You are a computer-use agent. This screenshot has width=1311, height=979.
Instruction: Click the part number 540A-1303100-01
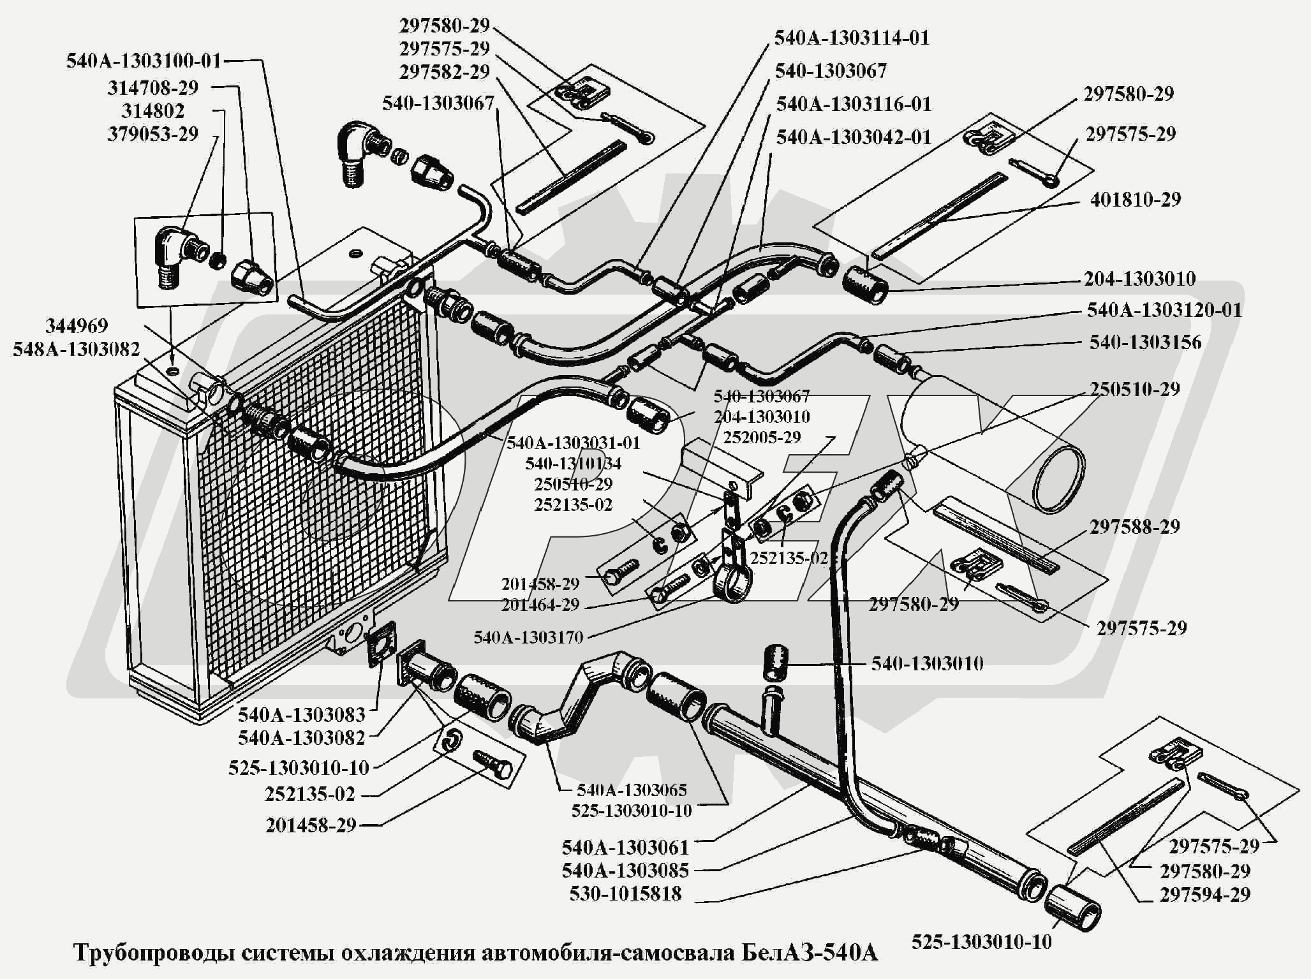point(144,61)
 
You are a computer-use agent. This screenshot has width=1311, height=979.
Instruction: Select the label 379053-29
point(152,135)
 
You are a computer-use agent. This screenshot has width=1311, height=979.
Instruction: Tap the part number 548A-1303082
point(76,349)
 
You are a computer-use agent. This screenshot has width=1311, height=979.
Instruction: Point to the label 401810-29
point(1136,200)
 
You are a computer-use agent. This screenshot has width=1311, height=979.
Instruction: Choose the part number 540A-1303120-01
point(1165,310)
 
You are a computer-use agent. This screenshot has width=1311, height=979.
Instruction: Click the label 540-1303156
point(1145,342)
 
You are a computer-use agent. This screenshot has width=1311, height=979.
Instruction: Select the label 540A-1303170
point(529,637)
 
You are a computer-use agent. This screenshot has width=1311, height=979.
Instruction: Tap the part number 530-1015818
point(625,894)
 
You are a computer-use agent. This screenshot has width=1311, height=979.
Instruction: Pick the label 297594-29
point(1205,895)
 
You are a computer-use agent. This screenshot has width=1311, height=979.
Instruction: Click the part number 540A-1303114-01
point(852,38)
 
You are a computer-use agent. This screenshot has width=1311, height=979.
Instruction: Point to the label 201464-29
point(540,604)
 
